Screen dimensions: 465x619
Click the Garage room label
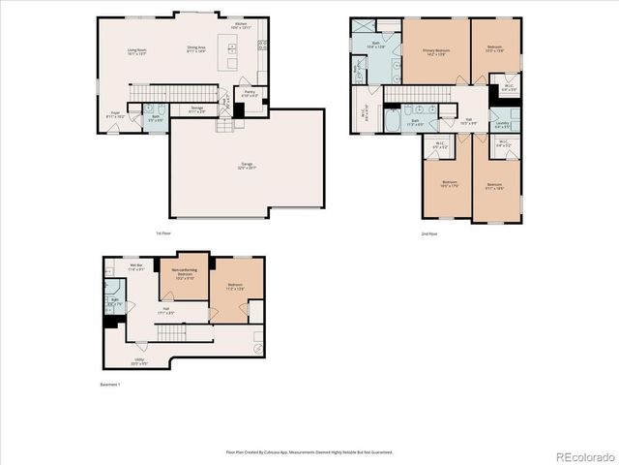233,167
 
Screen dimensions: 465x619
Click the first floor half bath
155,117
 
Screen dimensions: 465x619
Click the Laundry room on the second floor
502,125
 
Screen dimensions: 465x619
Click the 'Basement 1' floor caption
112,386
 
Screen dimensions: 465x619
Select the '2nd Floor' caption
429,233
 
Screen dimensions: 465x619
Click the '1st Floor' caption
162,233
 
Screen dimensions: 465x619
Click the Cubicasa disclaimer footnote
309,451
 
